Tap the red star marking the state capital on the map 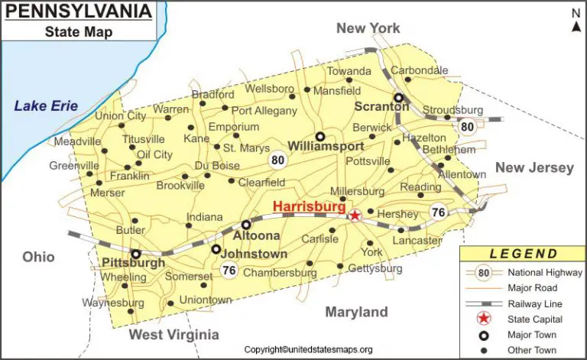pyautogui.click(x=355, y=216)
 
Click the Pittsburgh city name pyautogui.click(x=133, y=264)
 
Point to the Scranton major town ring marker pyautogui.click(x=398, y=98)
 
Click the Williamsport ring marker pyautogui.click(x=320, y=136)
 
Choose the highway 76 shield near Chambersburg pyautogui.click(x=229, y=270)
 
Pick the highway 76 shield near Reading pyautogui.click(x=438, y=213)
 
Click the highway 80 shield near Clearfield pyautogui.click(x=277, y=161)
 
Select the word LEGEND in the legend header pyautogui.click(x=523, y=255)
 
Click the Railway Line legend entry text pyautogui.click(x=533, y=303)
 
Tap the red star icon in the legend pyautogui.click(x=483, y=319)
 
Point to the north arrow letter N pyautogui.click(x=576, y=12)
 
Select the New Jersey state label pyautogui.click(x=533, y=168)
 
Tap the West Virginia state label pyautogui.click(x=174, y=335)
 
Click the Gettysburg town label pyautogui.click(x=375, y=269)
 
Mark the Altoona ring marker pyautogui.click(x=246, y=225)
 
